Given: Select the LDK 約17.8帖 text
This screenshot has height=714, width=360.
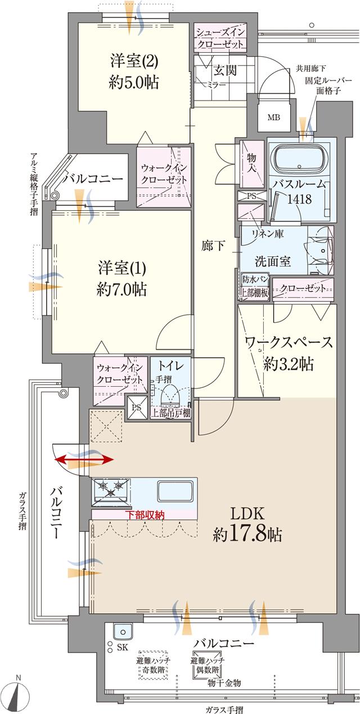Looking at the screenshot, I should [247, 523].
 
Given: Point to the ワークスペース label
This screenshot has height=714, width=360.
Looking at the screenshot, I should [289, 342].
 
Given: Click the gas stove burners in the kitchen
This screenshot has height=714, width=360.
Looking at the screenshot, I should [110, 487].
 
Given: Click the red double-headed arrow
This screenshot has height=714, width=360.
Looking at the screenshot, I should [84, 460].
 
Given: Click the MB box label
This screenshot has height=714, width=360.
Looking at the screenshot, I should [274, 118].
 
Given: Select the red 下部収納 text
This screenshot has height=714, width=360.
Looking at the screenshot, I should [145, 514].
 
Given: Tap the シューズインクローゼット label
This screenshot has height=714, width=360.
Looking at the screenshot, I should [219, 37].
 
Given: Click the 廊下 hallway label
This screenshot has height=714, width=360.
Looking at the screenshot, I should [214, 246].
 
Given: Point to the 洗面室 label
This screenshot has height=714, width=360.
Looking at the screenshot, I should [273, 261].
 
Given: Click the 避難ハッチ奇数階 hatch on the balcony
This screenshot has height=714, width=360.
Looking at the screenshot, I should [154, 666].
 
